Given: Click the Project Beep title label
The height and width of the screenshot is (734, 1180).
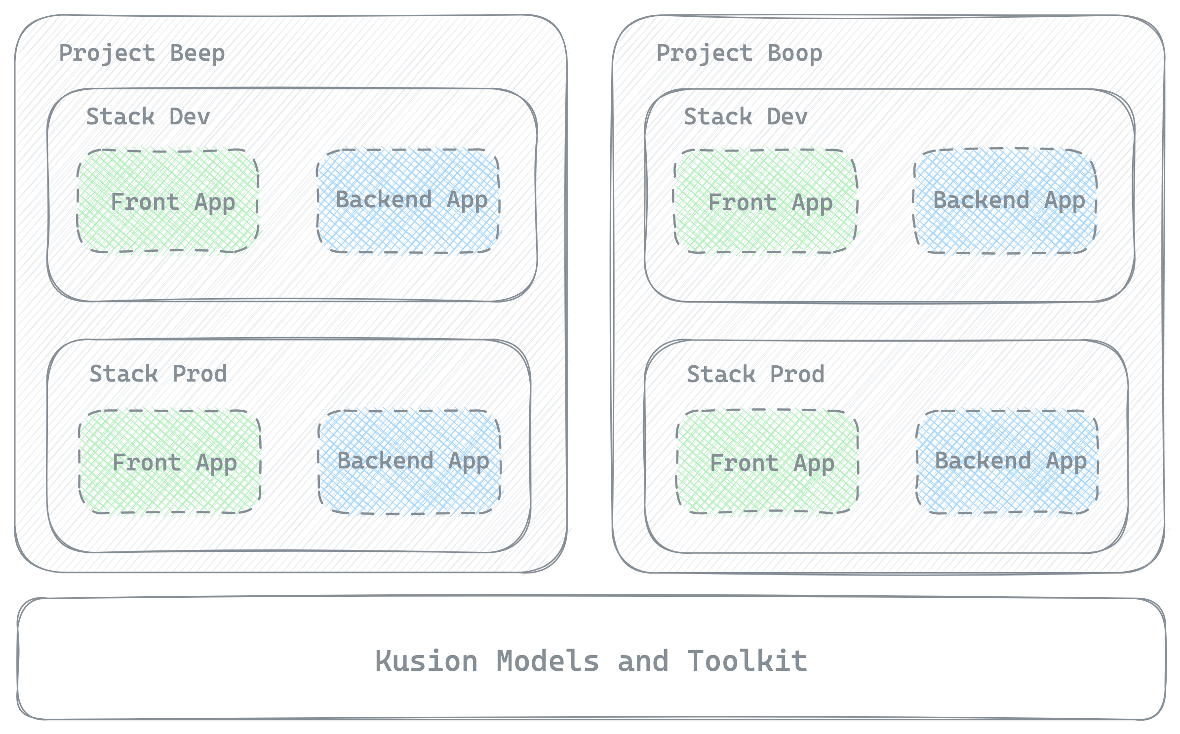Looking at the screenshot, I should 142,53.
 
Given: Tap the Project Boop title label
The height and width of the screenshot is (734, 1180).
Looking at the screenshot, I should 739,53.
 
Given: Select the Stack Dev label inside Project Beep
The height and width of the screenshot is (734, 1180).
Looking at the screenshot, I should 148,117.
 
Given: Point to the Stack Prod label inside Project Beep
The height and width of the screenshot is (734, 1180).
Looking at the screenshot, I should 158,374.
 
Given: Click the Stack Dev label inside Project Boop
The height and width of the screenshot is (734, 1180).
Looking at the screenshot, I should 746,117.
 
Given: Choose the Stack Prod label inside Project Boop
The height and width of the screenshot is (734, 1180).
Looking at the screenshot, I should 755,374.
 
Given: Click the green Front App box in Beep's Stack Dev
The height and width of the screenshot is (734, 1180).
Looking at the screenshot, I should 168,201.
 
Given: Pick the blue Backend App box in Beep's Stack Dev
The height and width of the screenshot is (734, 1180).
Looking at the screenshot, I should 408,201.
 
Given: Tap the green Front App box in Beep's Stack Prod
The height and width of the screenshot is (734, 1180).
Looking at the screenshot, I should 170,462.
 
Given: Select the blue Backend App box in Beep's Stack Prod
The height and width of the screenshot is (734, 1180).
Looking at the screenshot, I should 410,462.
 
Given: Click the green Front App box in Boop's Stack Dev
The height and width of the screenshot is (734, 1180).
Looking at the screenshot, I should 766,201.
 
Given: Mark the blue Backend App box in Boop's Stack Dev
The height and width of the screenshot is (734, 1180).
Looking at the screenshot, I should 1005,201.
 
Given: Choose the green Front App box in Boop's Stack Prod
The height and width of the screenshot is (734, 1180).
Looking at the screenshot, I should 767,462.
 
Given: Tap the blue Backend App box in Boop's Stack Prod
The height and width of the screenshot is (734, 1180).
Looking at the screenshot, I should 1007,462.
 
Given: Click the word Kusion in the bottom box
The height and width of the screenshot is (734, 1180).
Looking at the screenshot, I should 426,661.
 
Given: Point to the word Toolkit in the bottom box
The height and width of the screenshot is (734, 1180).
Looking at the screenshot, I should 747,661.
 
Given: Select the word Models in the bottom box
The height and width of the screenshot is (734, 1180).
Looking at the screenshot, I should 547,661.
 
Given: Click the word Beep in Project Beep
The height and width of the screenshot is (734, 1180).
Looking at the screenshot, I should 197,53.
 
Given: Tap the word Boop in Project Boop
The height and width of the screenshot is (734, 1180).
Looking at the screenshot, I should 795,53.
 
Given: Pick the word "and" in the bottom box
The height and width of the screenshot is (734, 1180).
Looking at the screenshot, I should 643,661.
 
